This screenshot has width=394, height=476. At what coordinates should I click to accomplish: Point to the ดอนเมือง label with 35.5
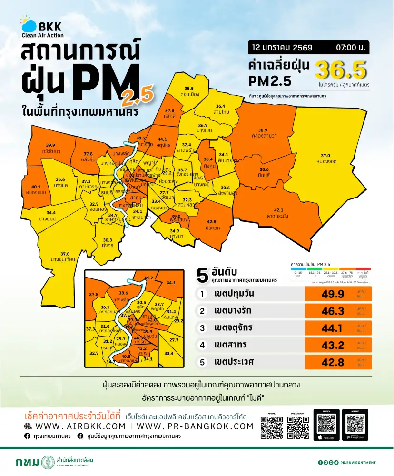pos(189,91)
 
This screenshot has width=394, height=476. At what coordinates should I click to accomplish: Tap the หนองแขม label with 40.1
pos(36,189)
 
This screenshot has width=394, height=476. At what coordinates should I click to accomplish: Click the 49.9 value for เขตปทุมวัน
pos(333,294)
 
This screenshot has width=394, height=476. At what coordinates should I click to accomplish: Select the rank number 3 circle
pos(202,328)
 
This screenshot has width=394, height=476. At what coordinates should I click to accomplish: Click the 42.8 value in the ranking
pos(333,362)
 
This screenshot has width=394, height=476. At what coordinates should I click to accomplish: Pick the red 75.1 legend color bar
pos(364,268)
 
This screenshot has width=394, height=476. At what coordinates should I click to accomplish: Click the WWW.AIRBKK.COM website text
pos(75,426)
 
